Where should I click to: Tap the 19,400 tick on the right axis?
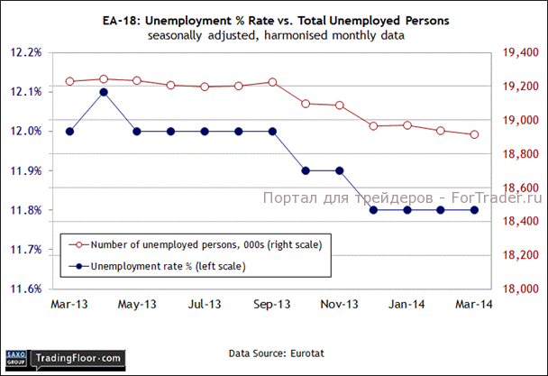pos(517,52)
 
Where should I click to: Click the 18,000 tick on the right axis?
pos(517,289)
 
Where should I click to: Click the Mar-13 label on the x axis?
pos(69,306)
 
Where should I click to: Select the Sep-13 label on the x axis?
pos(271,306)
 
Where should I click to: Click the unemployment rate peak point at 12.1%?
pos(104,92)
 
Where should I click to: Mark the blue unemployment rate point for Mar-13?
pos(69,132)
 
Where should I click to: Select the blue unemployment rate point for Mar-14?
pos(474,210)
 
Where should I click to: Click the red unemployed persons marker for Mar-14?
pos(474,134)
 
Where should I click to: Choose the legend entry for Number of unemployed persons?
pos(194,244)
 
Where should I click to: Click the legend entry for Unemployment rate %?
pos(158,266)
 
